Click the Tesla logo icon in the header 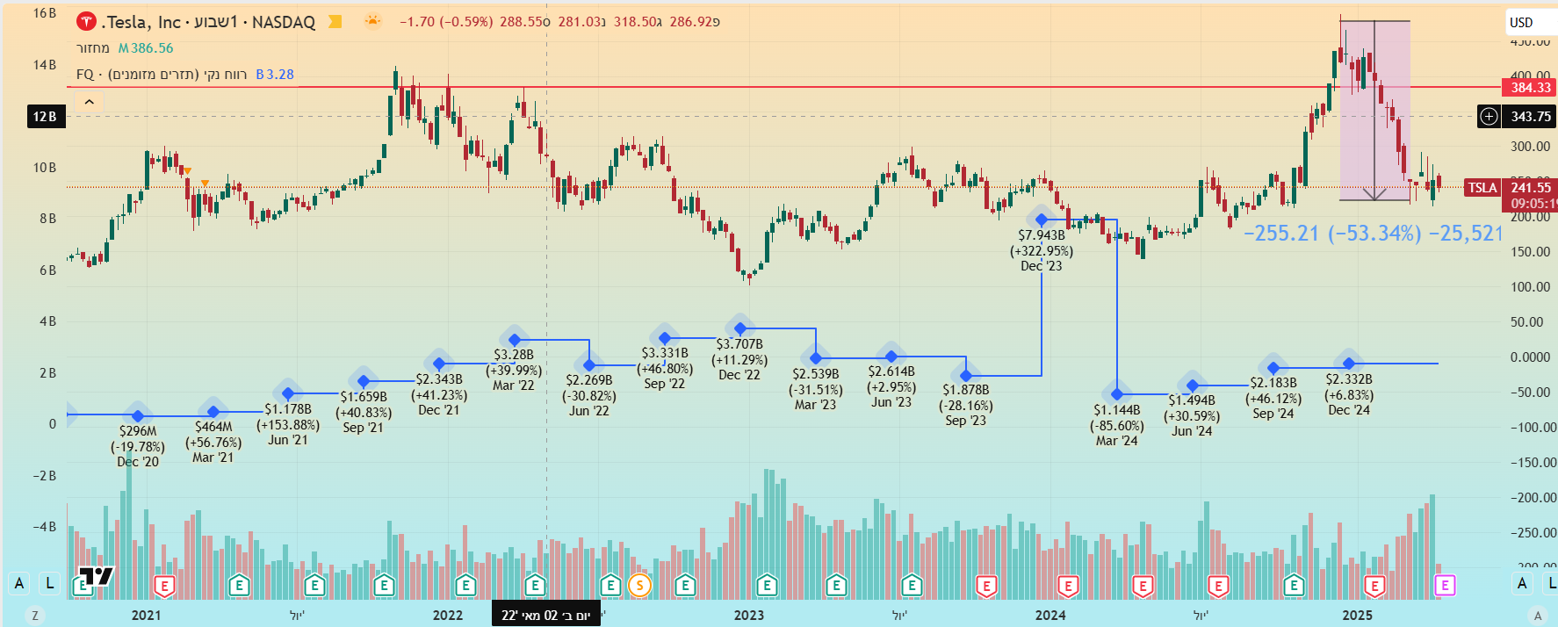(x=86, y=21)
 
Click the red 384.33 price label (x=1530, y=87)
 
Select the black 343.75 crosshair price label (x=1530, y=116)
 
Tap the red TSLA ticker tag (x=1482, y=187)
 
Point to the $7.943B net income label (x=1042, y=235)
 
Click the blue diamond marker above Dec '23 (x=1042, y=220)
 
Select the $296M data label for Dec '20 (x=138, y=431)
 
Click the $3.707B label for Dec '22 (x=739, y=344)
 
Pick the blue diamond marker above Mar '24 (x=1117, y=394)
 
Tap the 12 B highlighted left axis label (x=45, y=116)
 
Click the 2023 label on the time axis (x=749, y=615)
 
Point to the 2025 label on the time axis (x=1357, y=615)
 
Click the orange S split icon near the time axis (x=639, y=585)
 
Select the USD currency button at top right (x=1521, y=23)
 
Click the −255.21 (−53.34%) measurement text (x=1331, y=233)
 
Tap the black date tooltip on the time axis (x=546, y=615)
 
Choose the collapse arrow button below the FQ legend (x=89, y=102)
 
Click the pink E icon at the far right (x=1445, y=585)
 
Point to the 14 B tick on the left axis (x=45, y=65)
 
